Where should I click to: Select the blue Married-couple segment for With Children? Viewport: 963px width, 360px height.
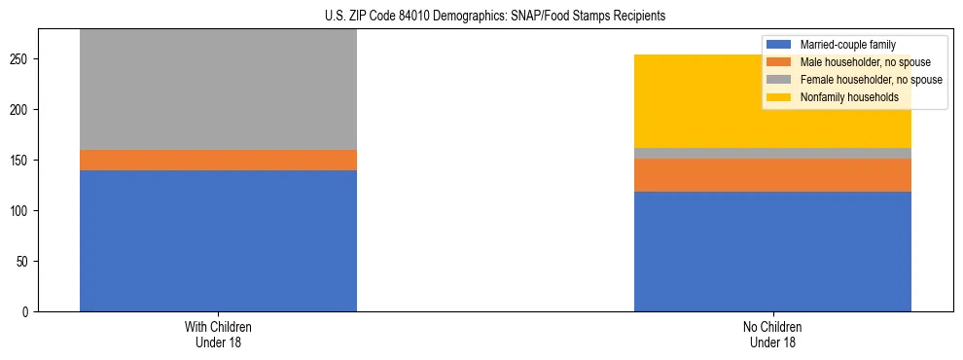tap(218, 240)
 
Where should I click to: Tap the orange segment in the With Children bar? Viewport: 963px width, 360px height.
tap(218, 160)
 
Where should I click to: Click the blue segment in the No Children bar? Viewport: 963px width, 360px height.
tap(772, 251)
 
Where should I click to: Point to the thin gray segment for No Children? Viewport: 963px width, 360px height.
tap(772, 153)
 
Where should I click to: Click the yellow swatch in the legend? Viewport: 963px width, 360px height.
tap(780, 97)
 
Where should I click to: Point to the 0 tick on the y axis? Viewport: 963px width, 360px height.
tap(28, 312)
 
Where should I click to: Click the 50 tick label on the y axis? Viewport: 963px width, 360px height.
tap(25, 262)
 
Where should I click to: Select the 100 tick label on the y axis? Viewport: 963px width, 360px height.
tap(22, 211)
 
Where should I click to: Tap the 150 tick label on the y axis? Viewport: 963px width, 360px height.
tap(22, 161)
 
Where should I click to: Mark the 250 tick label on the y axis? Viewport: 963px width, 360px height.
tap(22, 59)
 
